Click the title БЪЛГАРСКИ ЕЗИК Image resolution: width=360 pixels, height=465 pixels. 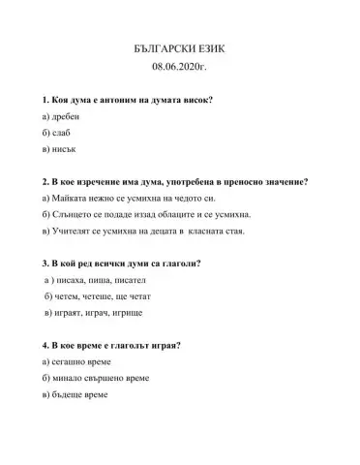(x=179, y=47)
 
